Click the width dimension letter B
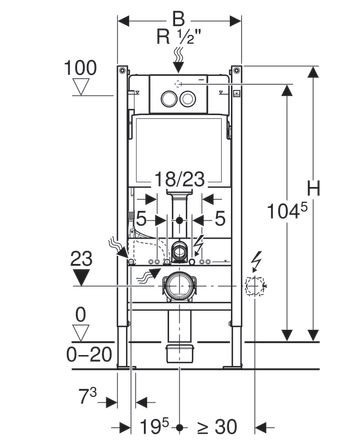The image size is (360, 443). point(179,19)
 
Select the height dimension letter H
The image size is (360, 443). point(313,189)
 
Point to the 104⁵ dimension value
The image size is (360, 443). point(287,211)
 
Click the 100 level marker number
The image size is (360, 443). point(80,68)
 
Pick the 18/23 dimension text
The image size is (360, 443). point(179,179)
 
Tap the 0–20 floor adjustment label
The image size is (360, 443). point(89,354)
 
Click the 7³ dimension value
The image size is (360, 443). point(88,396)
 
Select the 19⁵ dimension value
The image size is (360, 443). point(154,427)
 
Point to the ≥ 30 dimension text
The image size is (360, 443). point(217,427)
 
